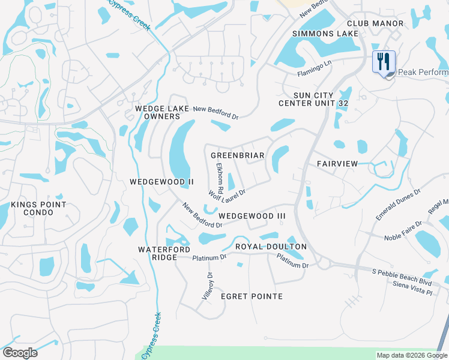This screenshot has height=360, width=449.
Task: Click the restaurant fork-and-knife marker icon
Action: pos(384,62)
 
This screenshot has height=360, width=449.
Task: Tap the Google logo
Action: pos(20,353)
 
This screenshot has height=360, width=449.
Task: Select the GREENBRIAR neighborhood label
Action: pos(238,155)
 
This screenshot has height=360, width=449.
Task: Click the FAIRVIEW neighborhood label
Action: pos(337,164)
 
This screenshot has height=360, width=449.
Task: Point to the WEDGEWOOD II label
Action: pos(161,181)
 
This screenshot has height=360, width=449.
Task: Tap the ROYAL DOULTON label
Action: pos(271,247)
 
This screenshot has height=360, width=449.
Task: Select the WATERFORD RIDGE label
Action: pos(164,253)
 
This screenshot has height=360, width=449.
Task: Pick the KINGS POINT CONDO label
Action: pos(38,209)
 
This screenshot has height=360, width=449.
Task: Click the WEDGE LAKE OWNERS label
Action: pos(158,112)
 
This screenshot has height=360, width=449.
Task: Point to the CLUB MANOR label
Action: pos(379,23)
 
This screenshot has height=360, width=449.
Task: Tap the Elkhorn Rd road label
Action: pos(220,178)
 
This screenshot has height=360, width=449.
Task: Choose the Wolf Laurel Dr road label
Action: pos(228,192)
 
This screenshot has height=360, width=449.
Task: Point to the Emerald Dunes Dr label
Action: pos(399,206)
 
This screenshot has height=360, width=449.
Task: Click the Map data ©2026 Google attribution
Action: pos(412,355)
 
